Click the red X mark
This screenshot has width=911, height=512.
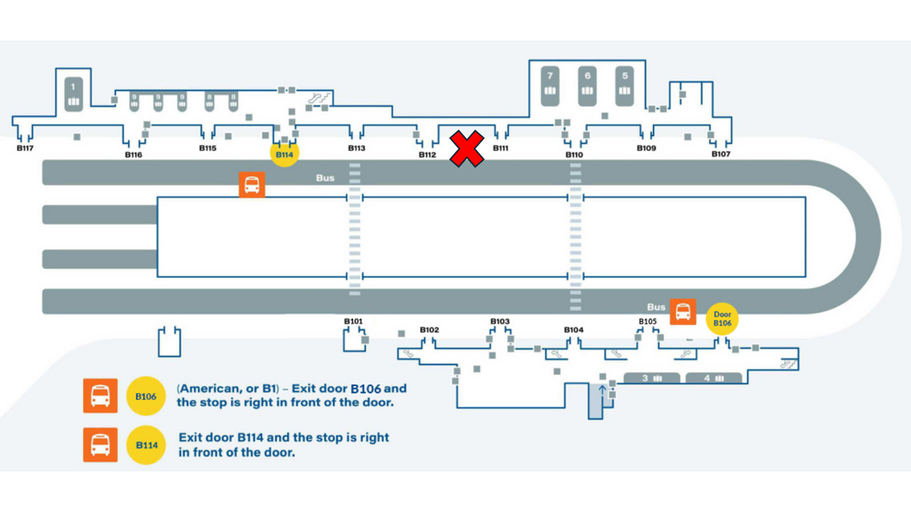[x=467, y=149]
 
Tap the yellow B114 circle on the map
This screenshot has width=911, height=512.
[x=284, y=154]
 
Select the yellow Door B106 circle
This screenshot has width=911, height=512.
[x=722, y=319]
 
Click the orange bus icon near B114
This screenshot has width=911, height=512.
[x=252, y=185]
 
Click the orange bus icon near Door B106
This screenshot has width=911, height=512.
[x=683, y=311]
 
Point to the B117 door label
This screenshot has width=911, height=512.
[x=26, y=149]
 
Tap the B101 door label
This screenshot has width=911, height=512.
[x=353, y=321]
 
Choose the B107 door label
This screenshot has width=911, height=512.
[x=721, y=154]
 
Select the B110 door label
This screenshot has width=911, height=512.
[x=574, y=154]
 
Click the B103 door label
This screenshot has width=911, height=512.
[x=500, y=321]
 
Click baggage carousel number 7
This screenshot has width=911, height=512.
[x=550, y=85]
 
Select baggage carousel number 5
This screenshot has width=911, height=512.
[x=625, y=85]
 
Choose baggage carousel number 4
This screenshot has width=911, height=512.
[x=713, y=378]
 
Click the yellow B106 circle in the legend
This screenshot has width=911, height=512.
[x=146, y=396]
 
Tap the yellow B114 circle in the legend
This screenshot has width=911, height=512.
[x=146, y=445]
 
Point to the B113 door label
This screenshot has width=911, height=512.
[x=357, y=149]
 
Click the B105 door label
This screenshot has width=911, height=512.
[x=648, y=321]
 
